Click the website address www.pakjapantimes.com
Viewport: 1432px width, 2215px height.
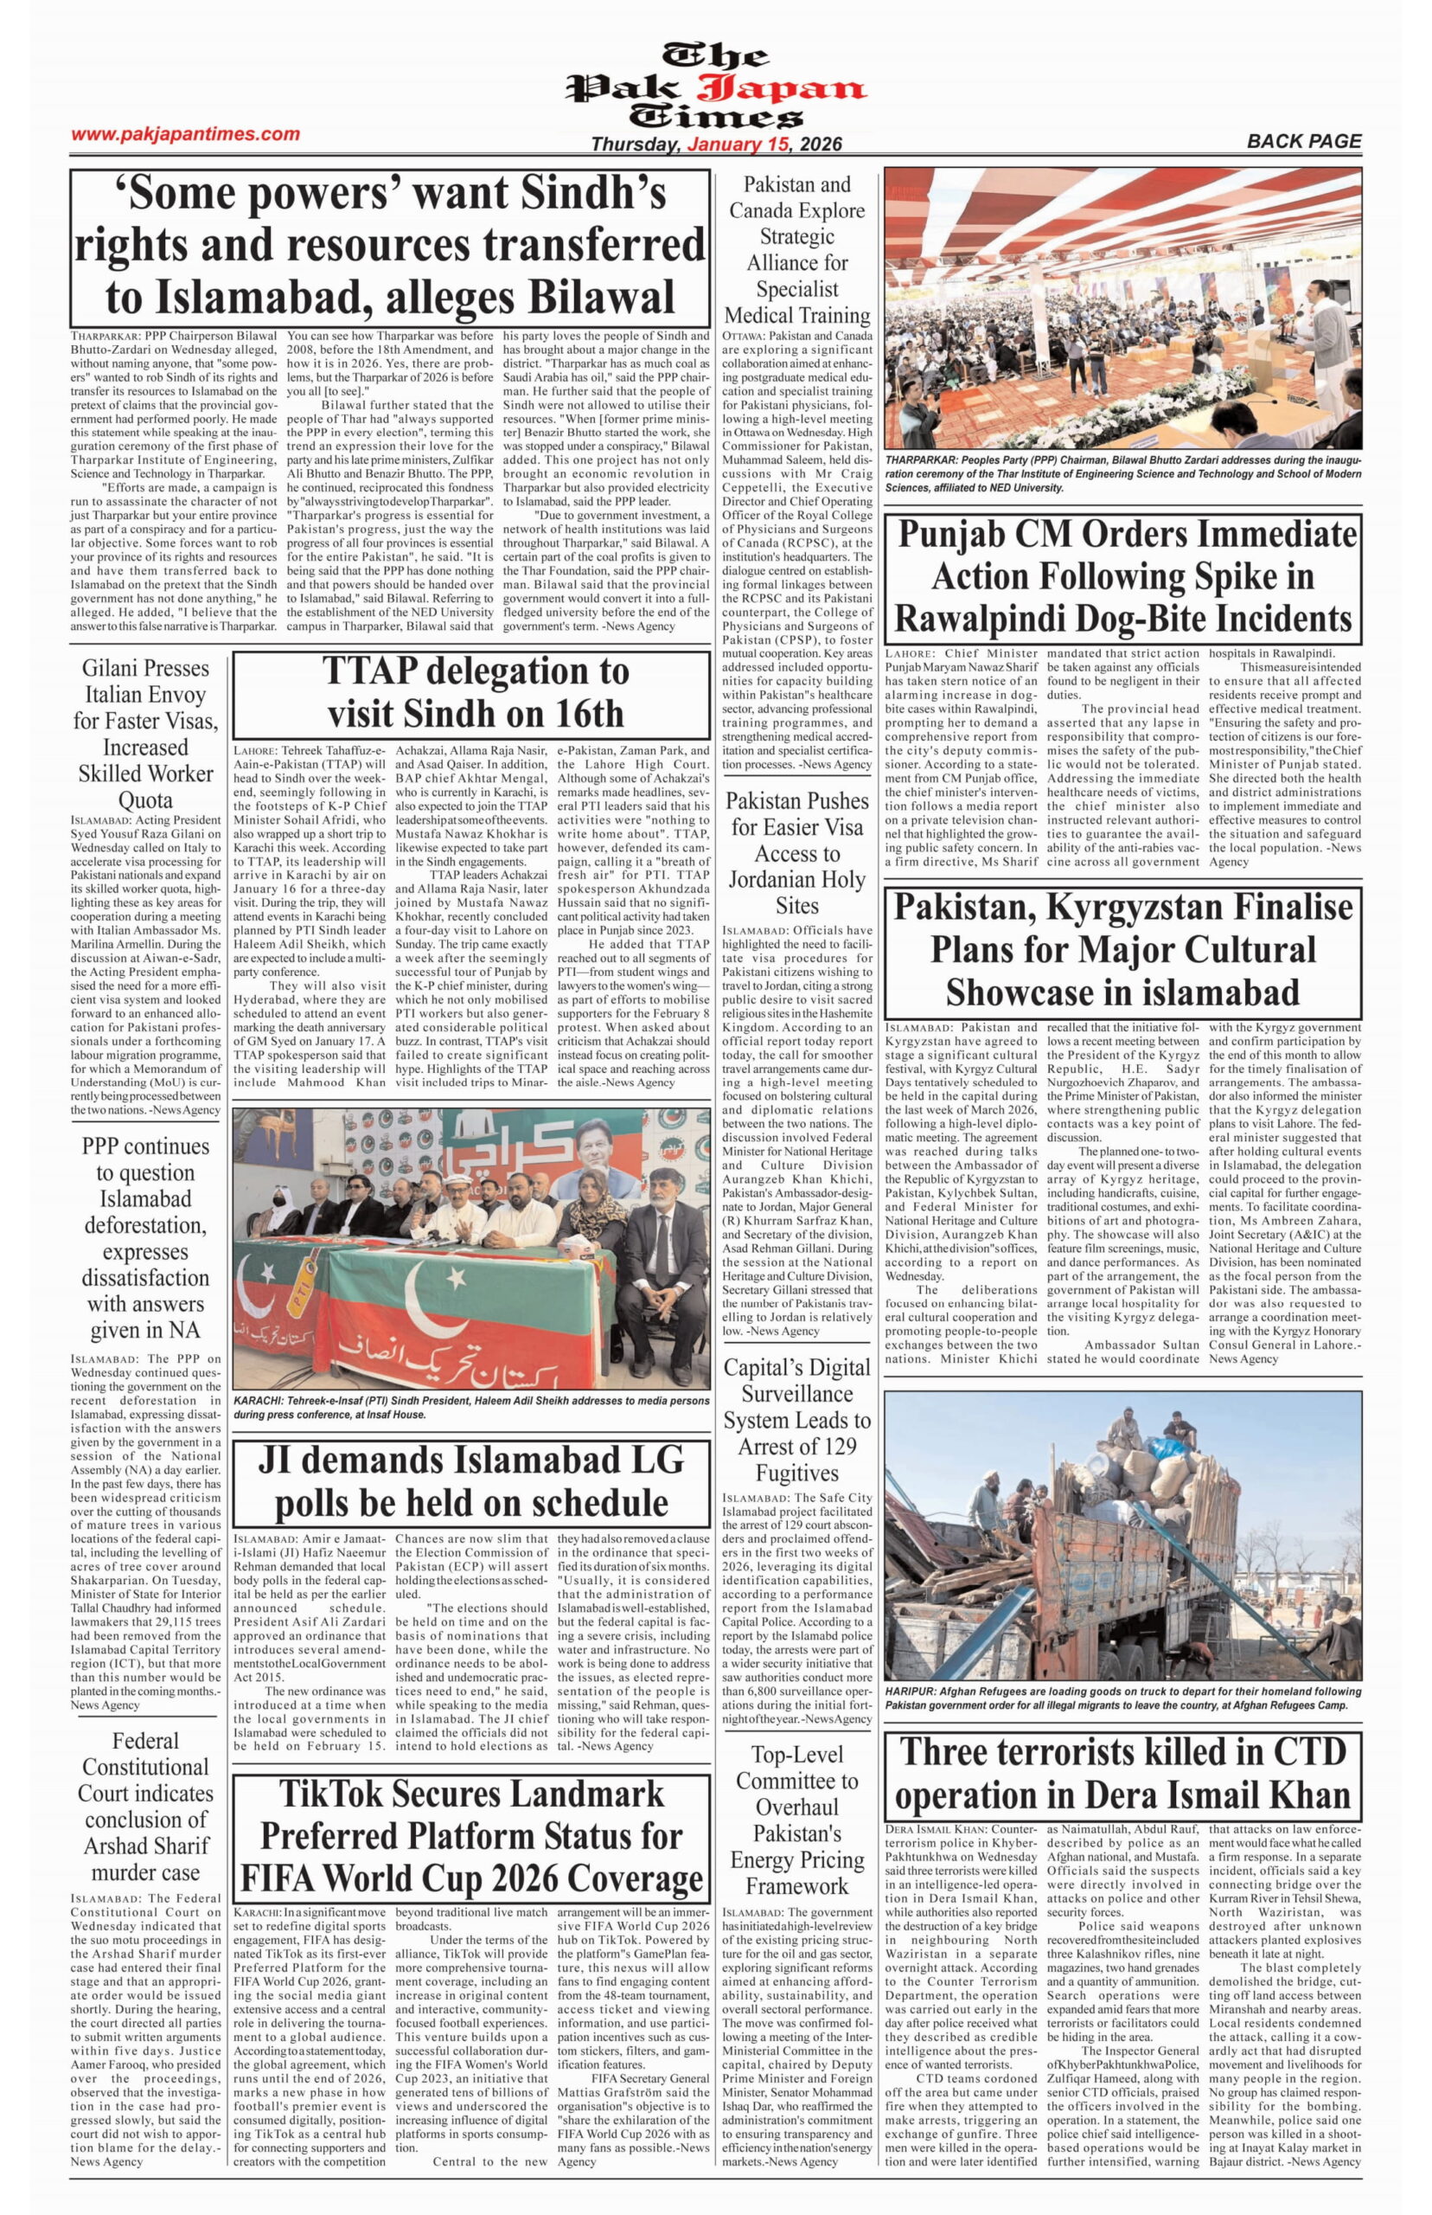(x=185, y=134)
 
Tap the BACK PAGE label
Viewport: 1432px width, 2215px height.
(x=1304, y=141)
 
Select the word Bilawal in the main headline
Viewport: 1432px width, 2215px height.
(x=602, y=297)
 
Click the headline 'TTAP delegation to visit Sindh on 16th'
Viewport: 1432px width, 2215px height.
(x=470, y=692)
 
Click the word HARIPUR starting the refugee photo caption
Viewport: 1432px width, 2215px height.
(x=909, y=1692)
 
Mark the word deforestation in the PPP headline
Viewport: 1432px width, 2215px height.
(x=146, y=1225)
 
